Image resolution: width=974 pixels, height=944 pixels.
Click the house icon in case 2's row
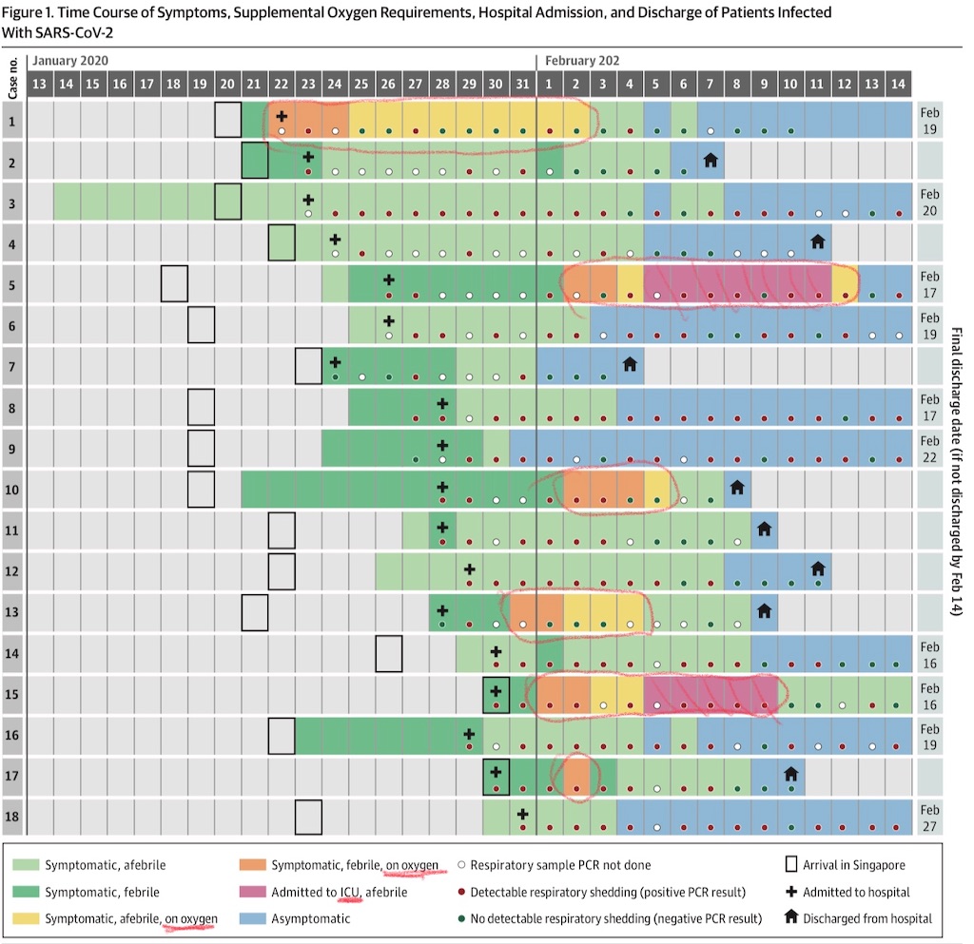point(711,160)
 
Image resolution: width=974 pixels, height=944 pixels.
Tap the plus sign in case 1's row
point(282,116)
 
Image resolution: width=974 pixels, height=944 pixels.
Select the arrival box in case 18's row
point(308,817)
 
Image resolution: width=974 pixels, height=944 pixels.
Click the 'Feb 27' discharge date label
point(931,817)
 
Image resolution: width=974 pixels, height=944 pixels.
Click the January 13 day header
point(40,83)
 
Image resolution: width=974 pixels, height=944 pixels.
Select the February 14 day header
point(898,83)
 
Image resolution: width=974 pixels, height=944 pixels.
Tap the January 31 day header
point(523,83)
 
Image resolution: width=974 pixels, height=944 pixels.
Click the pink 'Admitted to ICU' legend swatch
point(253,893)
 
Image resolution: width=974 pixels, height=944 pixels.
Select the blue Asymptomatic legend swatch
point(253,919)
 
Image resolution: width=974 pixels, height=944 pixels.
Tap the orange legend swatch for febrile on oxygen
point(253,866)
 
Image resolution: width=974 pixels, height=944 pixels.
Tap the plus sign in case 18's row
point(522,814)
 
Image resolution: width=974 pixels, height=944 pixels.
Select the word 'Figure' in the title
point(29,12)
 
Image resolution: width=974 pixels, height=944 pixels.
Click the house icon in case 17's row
point(790,773)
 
